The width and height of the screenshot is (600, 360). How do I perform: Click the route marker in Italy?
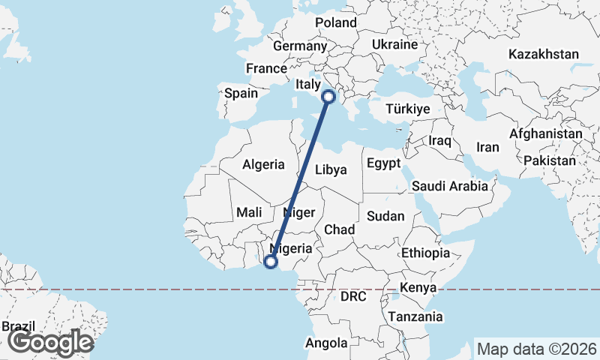click(x=328, y=96)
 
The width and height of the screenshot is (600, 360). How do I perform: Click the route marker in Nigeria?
click(x=271, y=262)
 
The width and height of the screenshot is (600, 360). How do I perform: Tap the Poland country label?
click(x=335, y=22)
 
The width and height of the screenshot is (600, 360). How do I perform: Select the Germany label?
click(x=299, y=46)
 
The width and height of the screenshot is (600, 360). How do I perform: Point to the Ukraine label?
click(x=394, y=45)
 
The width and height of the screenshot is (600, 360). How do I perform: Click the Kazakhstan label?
click(x=544, y=54)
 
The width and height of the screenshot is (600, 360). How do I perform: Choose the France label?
click(x=266, y=68)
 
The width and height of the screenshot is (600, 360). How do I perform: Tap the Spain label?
click(x=241, y=94)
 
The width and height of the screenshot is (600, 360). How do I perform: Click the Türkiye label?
click(x=407, y=109)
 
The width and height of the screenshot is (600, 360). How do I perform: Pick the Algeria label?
click(x=263, y=164)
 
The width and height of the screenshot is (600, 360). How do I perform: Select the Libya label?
click(x=331, y=169)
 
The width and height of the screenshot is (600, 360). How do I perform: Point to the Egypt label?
click(x=384, y=163)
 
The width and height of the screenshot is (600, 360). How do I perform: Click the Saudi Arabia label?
click(x=449, y=185)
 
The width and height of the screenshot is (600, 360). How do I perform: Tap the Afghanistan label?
click(x=545, y=134)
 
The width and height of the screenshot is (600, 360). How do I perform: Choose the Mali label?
click(x=249, y=213)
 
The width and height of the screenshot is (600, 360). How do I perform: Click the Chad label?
click(x=340, y=229)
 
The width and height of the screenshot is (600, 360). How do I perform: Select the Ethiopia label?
click(x=425, y=253)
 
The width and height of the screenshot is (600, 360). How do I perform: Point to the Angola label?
click(x=326, y=343)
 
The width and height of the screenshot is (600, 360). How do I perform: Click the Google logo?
click(x=50, y=343)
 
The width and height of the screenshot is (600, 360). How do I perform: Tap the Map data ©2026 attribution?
click(x=537, y=349)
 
